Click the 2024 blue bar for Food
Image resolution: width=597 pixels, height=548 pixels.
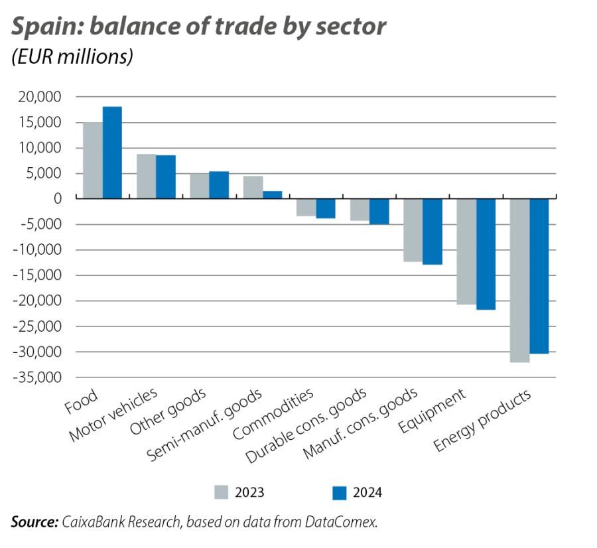click(112, 152)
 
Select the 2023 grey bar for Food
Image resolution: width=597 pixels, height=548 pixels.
click(92, 160)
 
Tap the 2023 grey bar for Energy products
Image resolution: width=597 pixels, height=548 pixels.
click(519, 280)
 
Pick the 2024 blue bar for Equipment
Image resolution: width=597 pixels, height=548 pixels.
click(486, 253)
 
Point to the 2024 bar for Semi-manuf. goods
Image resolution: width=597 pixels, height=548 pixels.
click(272, 194)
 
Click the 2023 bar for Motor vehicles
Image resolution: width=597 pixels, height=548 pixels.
click(146, 176)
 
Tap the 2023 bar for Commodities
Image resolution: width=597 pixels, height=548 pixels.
click(306, 207)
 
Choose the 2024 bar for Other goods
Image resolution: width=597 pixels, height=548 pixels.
click(219, 184)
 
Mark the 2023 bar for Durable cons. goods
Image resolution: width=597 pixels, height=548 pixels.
click(360, 209)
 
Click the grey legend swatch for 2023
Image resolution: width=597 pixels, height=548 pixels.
click(222, 492)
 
